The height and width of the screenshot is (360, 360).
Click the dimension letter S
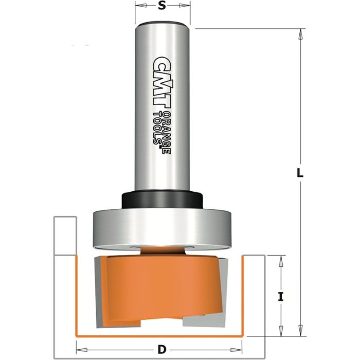coord(162,6)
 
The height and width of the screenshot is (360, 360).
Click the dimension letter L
coord(300,173)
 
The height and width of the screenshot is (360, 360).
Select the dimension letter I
coord(280,296)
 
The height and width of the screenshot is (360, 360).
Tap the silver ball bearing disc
coord(161,226)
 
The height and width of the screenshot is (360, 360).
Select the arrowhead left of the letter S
coord(139,6)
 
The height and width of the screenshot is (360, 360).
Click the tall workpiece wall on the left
coord(65,237)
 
